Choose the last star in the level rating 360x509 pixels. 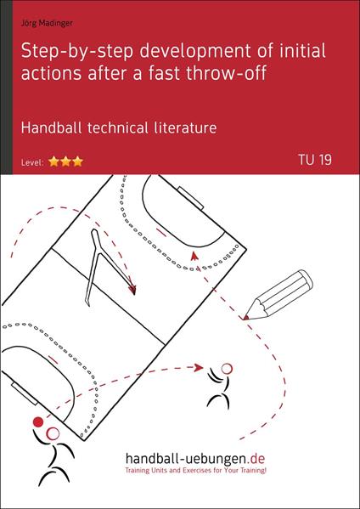(x=79, y=161)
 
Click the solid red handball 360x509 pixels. (x=37, y=422)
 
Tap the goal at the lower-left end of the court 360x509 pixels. (x=16, y=387)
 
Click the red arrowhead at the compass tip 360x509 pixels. (x=132, y=290)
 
